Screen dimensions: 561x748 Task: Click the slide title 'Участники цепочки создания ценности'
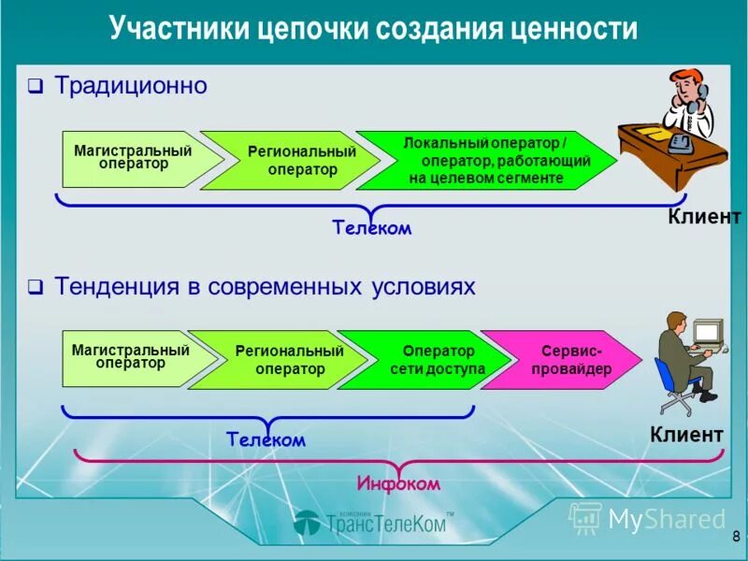pyautogui.click(x=373, y=28)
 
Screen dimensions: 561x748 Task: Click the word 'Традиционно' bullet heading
pyautogui.click(x=130, y=86)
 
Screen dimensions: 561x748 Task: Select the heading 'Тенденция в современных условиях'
pyautogui.click(x=265, y=286)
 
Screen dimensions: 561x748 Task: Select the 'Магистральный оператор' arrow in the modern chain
pyautogui.click(x=131, y=357)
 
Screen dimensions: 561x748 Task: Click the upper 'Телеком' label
pyautogui.click(x=371, y=227)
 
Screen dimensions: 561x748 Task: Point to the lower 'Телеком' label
pyautogui.click(x=266, y=439)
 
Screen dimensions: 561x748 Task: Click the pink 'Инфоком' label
pyautogui.click(x=397, y=483)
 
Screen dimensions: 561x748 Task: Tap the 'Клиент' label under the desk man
pyautogui.click(x=703, y=217)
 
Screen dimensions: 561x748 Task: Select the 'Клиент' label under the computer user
pyautogui.click(x=686, y=434)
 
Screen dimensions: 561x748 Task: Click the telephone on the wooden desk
pyautogui.click(x=680, y=142)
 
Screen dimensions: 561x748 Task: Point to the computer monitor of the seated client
pyautogui.click(x=707, y=332)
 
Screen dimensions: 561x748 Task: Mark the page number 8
pyautogui.click(x=735, y=537)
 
